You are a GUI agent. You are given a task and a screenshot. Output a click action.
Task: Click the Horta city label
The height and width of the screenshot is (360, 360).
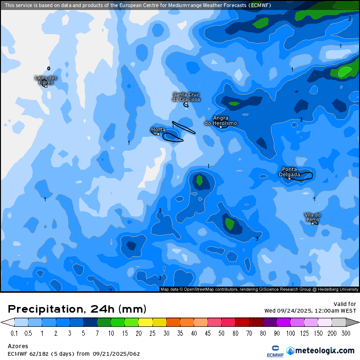click(158, 129)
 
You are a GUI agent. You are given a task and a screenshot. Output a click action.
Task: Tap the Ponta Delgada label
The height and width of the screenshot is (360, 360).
click(289, 171)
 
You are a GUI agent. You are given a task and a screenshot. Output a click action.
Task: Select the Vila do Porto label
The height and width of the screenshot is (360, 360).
click(312, 217)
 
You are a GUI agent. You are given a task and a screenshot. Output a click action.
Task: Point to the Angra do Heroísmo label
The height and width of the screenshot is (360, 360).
click(221, 120)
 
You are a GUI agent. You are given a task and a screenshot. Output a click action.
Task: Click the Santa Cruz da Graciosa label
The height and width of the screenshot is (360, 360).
click(186, 97)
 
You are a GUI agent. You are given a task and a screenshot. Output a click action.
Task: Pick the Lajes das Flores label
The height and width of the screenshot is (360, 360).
click(46, 80)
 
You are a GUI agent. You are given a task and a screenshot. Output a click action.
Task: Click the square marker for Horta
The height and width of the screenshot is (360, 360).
click(158, 134)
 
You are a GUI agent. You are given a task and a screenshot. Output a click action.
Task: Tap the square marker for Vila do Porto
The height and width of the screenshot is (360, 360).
click(312, 223)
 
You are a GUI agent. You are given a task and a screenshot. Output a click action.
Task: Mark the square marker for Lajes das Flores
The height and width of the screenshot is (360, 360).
click(46, 86)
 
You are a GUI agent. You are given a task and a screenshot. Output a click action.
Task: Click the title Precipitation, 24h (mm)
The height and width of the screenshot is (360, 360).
click(77, 309)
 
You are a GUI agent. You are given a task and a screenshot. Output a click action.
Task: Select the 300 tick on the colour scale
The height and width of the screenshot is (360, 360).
click(345, 333)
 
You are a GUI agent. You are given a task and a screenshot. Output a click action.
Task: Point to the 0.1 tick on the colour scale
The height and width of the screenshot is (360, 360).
click(14, 333)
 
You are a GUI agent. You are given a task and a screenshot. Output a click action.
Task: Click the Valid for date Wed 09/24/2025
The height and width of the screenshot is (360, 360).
click(310, 311)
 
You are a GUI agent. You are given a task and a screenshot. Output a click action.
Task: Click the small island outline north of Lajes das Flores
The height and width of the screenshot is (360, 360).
click(48, 68)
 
